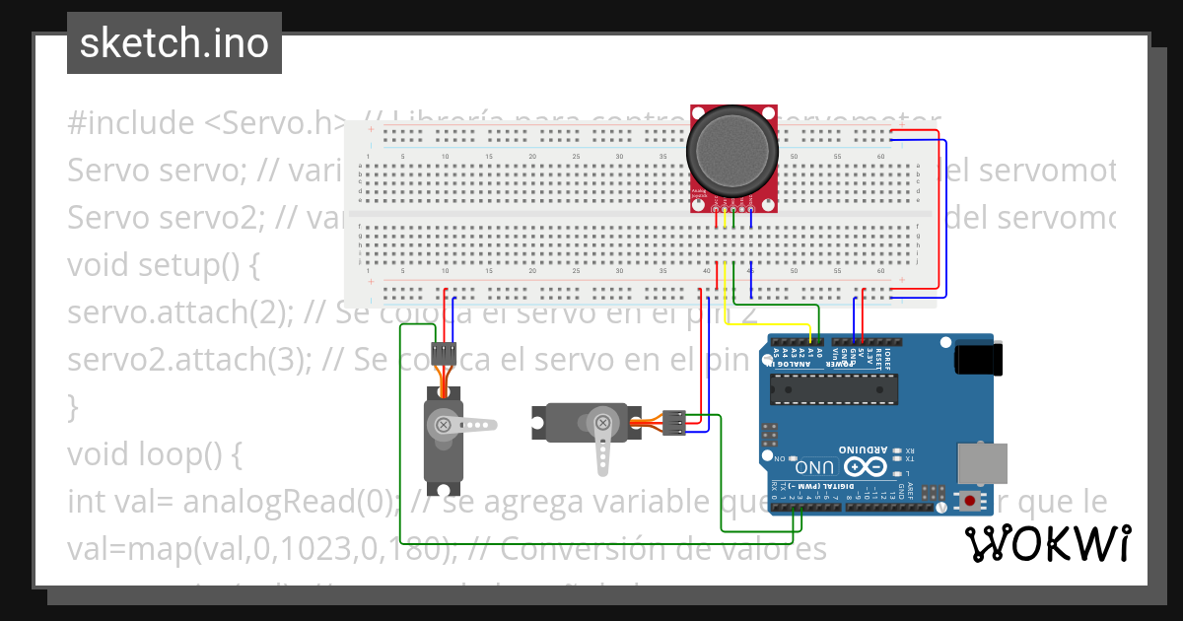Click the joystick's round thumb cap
tap(733, 148)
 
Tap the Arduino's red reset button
tap(971, 501)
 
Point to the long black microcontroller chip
tap(834, 390)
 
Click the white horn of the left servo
tap(468, 425)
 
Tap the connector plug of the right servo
tap(674, 422)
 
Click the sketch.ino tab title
tap(174, 43)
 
